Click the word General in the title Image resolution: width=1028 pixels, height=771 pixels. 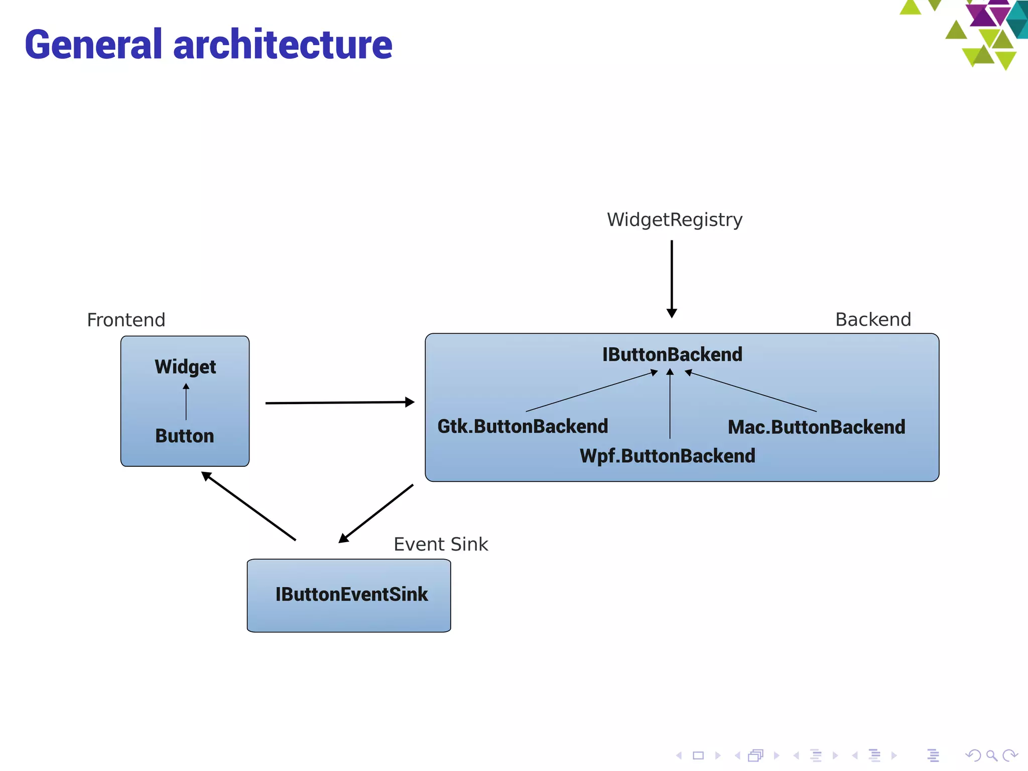(93, 45)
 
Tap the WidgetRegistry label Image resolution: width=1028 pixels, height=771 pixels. (674, 220)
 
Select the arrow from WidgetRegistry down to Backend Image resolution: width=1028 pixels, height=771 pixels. (672, 279)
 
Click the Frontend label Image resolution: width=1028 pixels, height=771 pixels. (126, 320)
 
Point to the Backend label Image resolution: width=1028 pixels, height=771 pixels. (873, 319)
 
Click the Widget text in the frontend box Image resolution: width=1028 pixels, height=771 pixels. (185, 367)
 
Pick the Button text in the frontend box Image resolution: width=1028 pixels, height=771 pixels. (185, 436)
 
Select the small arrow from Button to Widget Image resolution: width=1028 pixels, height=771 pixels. (186, 402)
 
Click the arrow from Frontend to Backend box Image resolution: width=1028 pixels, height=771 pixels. (339, 403)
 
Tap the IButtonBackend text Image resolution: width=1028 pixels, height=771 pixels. (672, 354)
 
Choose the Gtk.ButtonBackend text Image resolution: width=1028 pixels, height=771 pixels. (523, 426)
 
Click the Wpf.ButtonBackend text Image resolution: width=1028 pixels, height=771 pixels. (667, 456)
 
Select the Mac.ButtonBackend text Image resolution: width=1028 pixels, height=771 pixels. (816, 427)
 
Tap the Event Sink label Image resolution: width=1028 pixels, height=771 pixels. (441, 544)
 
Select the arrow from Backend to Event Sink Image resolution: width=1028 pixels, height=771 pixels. (376, 513)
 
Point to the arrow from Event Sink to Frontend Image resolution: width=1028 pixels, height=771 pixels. (248, 506)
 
